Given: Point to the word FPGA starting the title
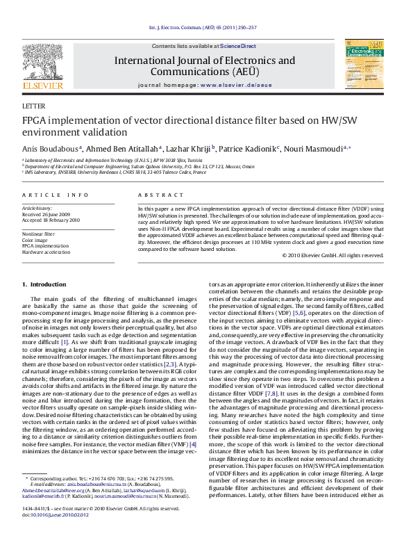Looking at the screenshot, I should click(35, 120).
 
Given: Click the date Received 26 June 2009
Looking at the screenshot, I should click(47, 214).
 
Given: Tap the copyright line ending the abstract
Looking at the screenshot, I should click(332, 255).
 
